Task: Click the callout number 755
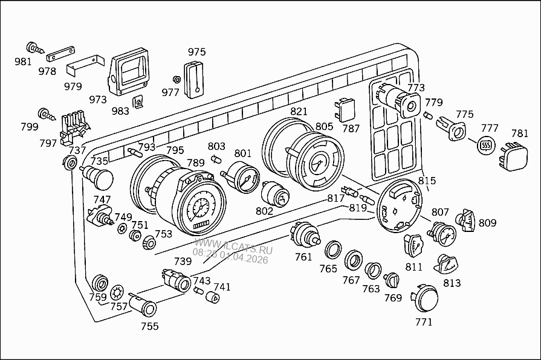coord(149,326)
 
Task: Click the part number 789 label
coord(195,162)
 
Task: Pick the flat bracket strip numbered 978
coord(62,54)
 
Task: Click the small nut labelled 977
coord(177,79)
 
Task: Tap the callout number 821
coord(299,112)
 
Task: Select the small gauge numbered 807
coord(442,234)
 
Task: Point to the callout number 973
coord(98,100)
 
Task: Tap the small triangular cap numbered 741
coord(213,297)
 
